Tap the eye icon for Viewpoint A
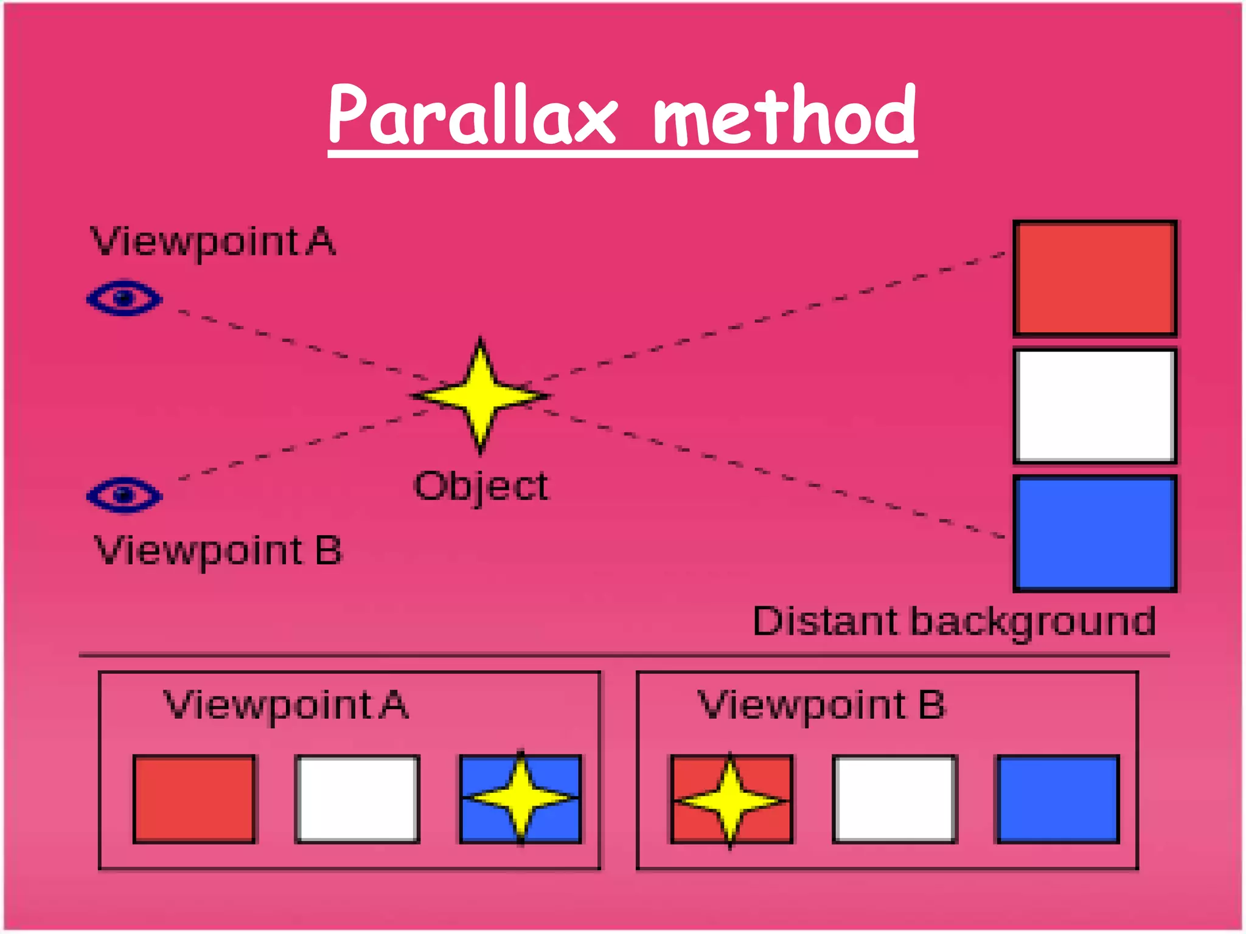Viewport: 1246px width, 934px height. [x=125, y=298]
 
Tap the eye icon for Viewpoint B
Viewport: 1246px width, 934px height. [x=125, y=495]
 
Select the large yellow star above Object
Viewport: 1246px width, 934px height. [x=481, y=395]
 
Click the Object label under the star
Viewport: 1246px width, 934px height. [x=481, y=486]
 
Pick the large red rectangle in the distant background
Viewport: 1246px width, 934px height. [x=1095, y=278]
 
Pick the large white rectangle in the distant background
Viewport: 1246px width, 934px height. [x=1095, y=406]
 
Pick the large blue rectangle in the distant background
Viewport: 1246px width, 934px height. [x=1095, y=533]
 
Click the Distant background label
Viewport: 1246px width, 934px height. [x=954, y=621]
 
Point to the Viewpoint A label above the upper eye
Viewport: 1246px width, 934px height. [x=213, y=241]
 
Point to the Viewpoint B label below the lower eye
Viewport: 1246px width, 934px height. [x=218, y=551]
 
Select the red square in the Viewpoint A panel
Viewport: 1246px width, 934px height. [x=194, y=799]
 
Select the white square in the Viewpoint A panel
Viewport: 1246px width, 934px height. [x=357, y=799]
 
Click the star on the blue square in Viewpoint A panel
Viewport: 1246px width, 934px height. [x=521, y=797]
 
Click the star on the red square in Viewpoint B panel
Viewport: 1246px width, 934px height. [x=731, y=799]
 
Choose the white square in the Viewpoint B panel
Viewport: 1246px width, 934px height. [x=894, y=799]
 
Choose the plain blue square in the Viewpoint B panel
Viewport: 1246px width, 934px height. [x=1057, y=799]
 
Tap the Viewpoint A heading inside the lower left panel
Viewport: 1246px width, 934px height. [x=286, y=705]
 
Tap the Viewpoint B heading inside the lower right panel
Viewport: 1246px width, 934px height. [x=821, y=705]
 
